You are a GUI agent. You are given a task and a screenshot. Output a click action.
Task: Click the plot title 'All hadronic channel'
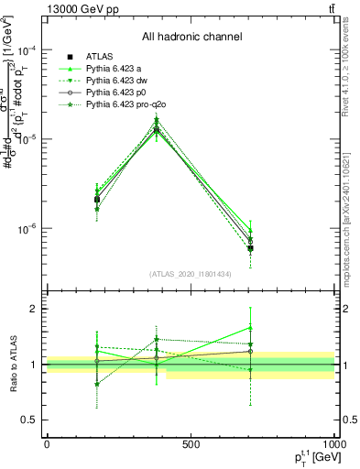191,37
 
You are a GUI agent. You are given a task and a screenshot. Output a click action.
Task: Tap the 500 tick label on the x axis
191,443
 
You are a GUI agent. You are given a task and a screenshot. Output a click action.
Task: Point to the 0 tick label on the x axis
47,443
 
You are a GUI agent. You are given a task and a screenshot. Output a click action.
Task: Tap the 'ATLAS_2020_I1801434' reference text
191,274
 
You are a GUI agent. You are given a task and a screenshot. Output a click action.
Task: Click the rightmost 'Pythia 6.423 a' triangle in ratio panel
250,327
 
